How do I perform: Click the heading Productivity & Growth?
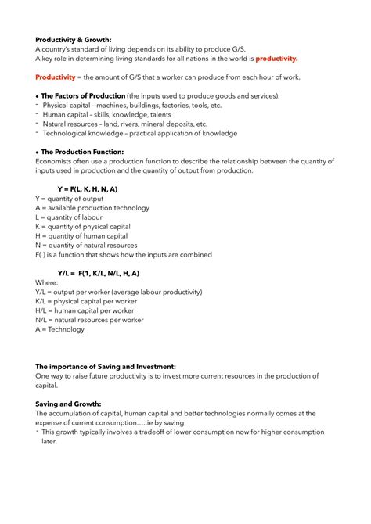[x=74, y=39]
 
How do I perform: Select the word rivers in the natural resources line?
[x=137, y=124]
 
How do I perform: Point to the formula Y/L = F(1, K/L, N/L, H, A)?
[x=99, y=273]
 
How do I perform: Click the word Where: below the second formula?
[x=47, y=282]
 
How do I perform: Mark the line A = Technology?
[x=59, y=329]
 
